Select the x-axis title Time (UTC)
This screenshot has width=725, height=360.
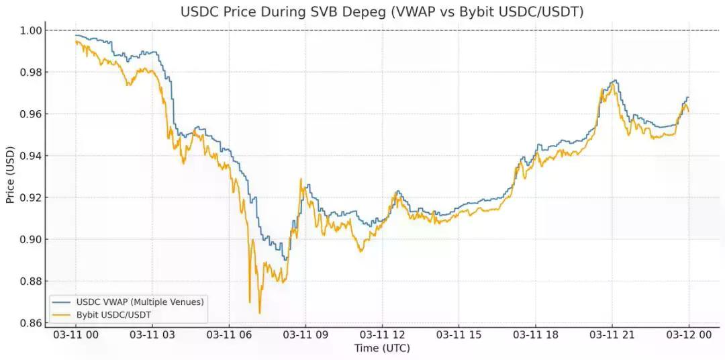pos(381,348)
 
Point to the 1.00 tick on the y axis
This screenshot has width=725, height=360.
pos(32,30)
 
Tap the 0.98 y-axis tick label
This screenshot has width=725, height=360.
pos(32,73)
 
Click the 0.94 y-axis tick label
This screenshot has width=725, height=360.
pos(32,156)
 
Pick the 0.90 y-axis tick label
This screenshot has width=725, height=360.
pos(32,239)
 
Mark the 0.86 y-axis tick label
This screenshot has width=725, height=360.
pos(32,323)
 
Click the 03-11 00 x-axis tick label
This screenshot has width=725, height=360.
pos(75,334)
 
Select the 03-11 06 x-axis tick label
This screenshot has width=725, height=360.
pos(228,334)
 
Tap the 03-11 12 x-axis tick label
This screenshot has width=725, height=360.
pos(382,334)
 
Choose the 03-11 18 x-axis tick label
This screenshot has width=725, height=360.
pos(535,334)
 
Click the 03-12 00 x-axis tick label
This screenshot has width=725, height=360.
pos(688,334)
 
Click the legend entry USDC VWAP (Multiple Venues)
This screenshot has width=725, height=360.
pos(140,301)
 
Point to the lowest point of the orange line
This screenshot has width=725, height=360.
pos(260,313)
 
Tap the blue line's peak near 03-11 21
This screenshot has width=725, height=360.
pos(614,81)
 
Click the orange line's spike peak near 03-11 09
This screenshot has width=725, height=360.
pos(301,179)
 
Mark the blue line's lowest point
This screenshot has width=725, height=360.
pos(285,260)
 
